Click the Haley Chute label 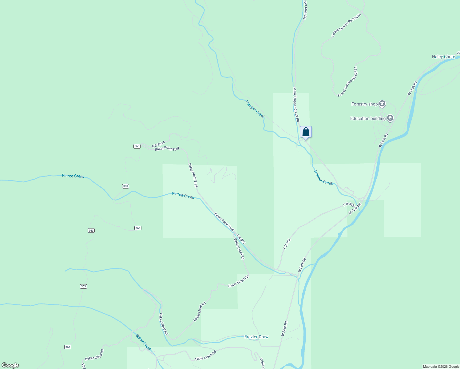click(443, 57)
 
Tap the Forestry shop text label click(364, 104)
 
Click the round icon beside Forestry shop click(382, 104)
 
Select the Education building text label click(368, 118)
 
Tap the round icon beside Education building click(390, 118)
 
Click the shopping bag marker click(306, 132)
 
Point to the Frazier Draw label click(256, 337)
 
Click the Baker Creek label click(144, 343)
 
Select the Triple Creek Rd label click(205, 355)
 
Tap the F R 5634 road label click(158, 144)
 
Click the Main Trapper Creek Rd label click(296, 105)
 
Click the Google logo click(10, 365)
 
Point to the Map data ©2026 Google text click(441, 367)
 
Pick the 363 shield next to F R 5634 click(137, 146)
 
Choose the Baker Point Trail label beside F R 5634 click(167, 149)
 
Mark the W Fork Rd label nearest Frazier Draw click(284, 329)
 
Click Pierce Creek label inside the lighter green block click(183, 195)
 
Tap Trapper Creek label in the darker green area click(255, 109)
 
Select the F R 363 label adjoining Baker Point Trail click(241, 239)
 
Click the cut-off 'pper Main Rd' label click(304, 10)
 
